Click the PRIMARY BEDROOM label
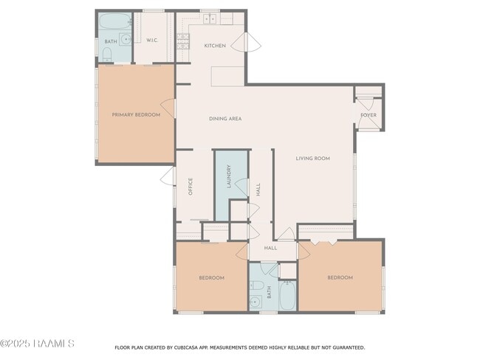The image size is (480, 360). pos(136,114)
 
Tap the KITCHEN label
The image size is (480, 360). pos(215,46)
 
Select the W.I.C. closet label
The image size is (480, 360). pos(153,40)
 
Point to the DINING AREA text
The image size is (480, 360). pos(225,118)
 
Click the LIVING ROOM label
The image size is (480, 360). pos(312,158)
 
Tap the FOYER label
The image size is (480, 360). pos(368,115)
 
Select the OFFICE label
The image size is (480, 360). pos(191,185)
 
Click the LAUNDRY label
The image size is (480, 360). pos(229,177)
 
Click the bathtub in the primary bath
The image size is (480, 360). pos(114,21)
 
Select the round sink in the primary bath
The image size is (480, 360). pos(125,39)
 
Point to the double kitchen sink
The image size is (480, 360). pos(210,19)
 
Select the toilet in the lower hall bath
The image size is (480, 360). pos(256,285)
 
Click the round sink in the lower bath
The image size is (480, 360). pos(256,301)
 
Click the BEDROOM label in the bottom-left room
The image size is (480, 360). pos(211,277)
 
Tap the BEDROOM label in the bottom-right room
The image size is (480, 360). pos(340,277)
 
